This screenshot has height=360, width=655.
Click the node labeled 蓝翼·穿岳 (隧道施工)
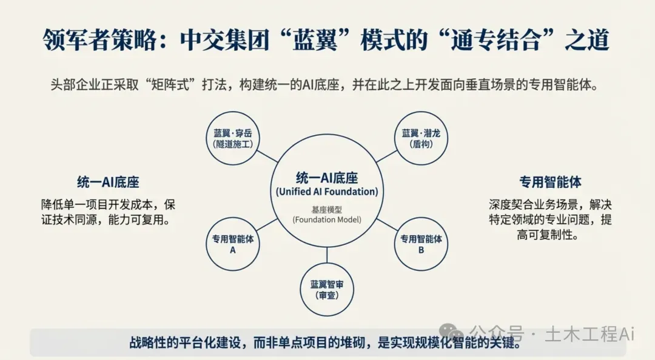tap(233, 138)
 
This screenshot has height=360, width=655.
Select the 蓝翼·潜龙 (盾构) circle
tap(421, 138)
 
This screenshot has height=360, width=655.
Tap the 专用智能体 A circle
tap(233, 244)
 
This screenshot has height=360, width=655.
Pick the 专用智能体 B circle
tap(421, 244)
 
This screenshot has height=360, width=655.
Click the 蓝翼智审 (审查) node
tap(327, 290)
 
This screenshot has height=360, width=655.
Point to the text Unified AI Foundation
tap(327, 192)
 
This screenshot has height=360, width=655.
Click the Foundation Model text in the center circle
tap(327, 219)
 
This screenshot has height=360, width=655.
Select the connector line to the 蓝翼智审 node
tap(327, 255)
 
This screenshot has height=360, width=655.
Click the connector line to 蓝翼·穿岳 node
tap(267, 156)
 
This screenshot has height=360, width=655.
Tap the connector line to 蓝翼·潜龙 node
tap(387, 156)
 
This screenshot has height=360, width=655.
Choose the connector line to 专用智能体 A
tap(267, 225)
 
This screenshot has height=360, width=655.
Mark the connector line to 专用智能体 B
tap(387, 225)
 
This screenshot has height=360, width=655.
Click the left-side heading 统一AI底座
tap(108, 182)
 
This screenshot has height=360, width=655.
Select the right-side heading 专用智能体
tap(550, 182)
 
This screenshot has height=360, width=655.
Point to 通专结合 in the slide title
tap(495, 40)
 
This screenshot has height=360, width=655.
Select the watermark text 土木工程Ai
tap(589, 334)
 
